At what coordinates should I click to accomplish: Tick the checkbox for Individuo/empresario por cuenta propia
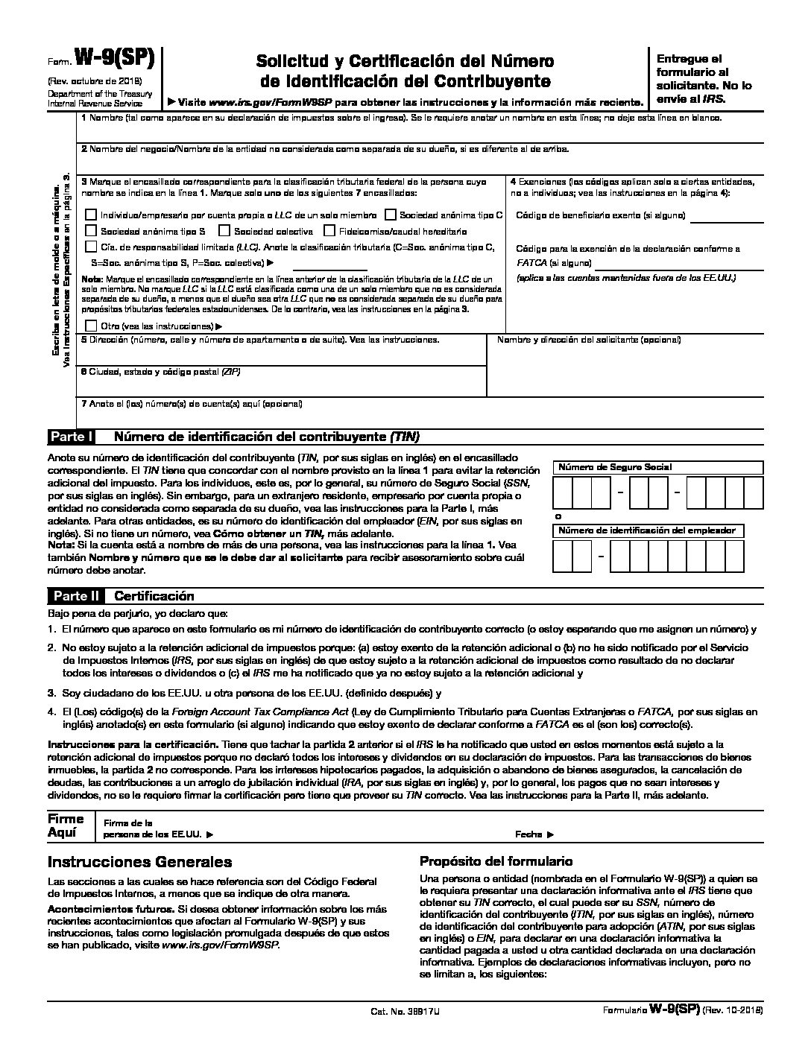tap(91, 215)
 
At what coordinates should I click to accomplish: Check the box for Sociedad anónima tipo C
tap(391, 215)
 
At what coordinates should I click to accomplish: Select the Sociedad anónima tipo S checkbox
tap(91, 231)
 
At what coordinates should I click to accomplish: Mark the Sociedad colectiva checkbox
tap(224, 231)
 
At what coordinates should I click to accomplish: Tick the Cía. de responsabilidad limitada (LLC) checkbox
tap(91, 247)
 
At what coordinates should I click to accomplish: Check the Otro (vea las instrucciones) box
tap(91, 326)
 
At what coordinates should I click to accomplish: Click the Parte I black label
tap(71, 437)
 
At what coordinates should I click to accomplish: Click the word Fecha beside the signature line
tap(530, 835)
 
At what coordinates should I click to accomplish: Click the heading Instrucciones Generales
tap(140, 862)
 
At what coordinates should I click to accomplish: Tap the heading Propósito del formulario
tap(496, 861)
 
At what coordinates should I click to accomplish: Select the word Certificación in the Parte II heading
tap(154, 596)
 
